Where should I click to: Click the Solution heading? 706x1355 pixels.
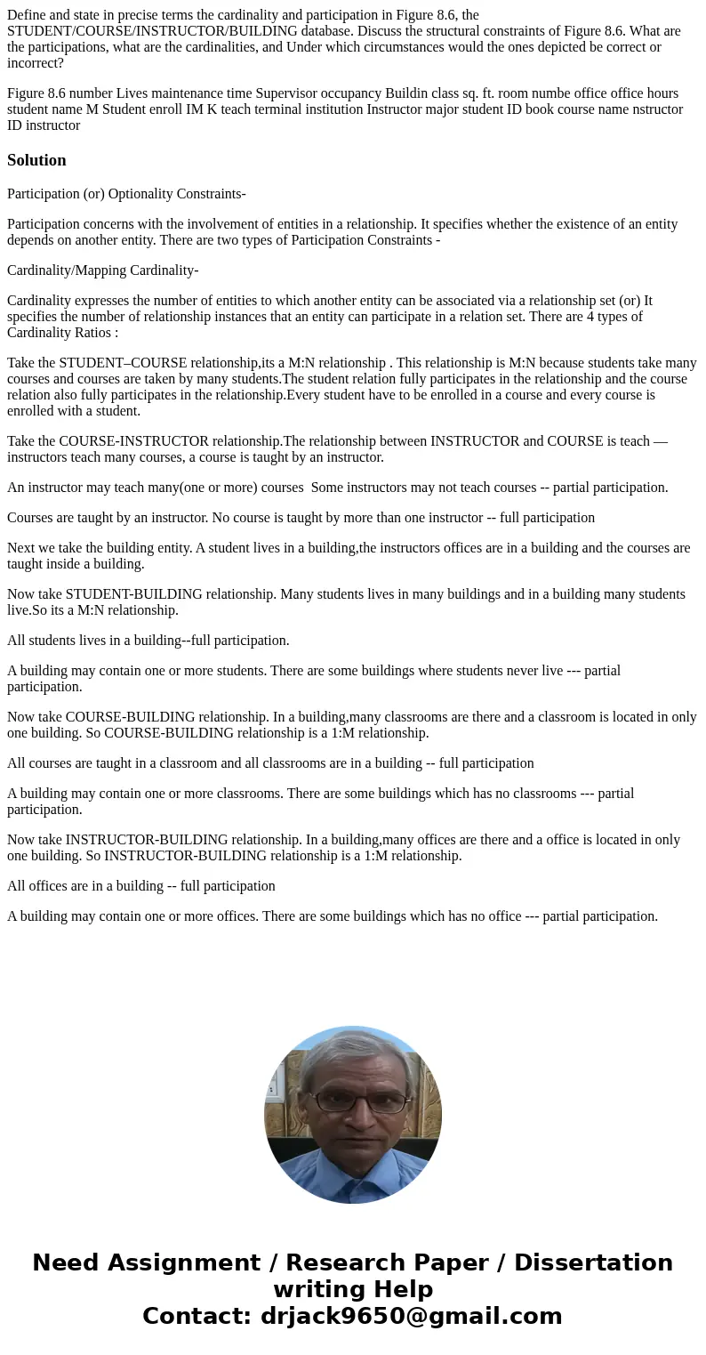pos(36,160)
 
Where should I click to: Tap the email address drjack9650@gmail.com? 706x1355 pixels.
pos(411,1316)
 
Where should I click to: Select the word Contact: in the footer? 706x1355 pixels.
pos(197,1316)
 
